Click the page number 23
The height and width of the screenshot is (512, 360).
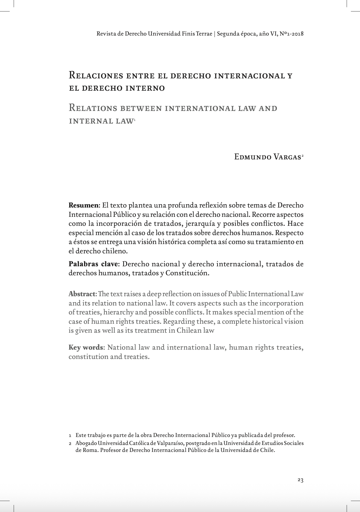[x=300, y=480]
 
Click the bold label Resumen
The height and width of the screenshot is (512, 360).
[x=83, y=205]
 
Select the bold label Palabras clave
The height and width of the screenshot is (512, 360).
[x=93, y=264]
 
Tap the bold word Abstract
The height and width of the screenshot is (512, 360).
[x=82, y=294]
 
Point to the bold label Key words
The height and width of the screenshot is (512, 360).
[x=86, y=347]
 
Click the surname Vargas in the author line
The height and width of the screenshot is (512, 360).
[x=287, y=157]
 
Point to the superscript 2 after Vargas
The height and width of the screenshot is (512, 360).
[x=303, y=155]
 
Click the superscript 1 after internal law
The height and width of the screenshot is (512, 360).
[x=134, y=119]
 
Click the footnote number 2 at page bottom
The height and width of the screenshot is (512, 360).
[x=70, y=443]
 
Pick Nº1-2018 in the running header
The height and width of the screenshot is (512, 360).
[x=292, y=34]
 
